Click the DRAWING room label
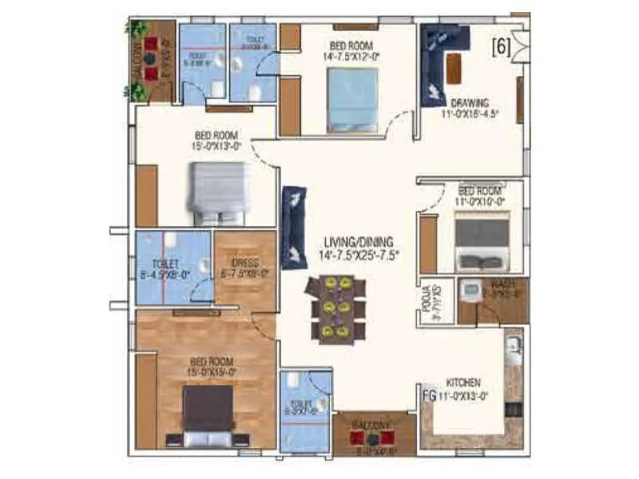[470, 102]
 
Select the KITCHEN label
[463, 383]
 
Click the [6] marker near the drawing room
[502, 46]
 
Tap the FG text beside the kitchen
[428, 394]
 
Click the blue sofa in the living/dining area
[294, 228]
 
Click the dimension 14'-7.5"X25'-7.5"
[361, 255]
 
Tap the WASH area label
[490, 283]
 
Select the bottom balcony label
[374, 426]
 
